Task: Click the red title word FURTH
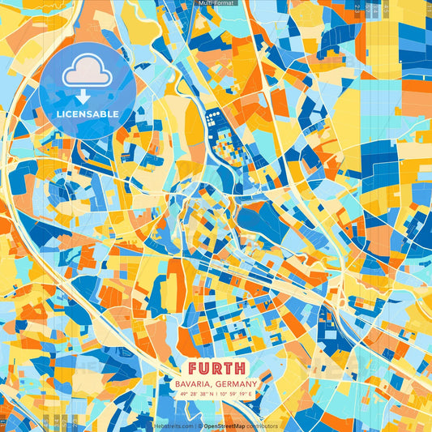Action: tap(216, 366)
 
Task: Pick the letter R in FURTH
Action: tap(216, 366)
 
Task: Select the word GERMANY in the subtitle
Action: tap(234, 383)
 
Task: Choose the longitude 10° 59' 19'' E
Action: tap(236, 395)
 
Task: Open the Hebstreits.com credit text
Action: tap(173, 426)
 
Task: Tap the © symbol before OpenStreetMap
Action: tap(200, 426)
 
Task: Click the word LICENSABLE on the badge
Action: tap(88, 113)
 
